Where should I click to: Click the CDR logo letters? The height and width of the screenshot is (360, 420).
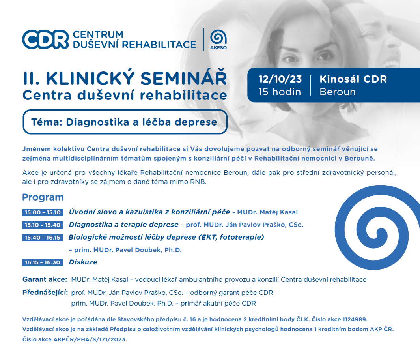pos(45,39)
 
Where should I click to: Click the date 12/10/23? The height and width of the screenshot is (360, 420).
pos(280,79)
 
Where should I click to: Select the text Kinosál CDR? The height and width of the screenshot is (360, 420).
pos(353,79)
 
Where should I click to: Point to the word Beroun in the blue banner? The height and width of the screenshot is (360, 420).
pos(338,92)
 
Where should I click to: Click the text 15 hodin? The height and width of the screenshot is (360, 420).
pos(280,92)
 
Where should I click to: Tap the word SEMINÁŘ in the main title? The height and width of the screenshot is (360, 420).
pos(183,79)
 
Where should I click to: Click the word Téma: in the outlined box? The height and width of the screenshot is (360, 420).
pos(47,122)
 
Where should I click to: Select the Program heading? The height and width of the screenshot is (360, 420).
pos(43,197)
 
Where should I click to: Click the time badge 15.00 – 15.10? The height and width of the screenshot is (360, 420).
pos(43,212)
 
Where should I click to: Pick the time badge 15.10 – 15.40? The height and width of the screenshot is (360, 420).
pos(43,225)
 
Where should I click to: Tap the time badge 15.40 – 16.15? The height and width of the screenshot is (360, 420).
pos(43,238)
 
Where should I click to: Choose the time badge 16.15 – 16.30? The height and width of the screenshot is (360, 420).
pos(43,262)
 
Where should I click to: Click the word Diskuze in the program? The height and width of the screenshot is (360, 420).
pos(83,262)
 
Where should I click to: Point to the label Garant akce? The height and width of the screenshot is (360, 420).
pos(45,279)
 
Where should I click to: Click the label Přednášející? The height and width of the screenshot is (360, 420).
pos(45,292)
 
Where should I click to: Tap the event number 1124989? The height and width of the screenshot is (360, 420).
pos(355,319)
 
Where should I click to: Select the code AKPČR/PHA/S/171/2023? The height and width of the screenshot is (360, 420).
pos(90,339)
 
